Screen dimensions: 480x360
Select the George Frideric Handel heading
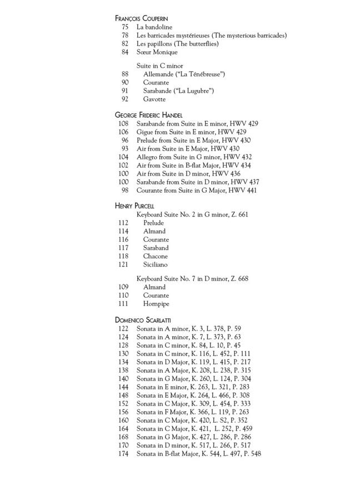(x=149, y=115)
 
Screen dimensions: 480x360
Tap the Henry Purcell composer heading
(x=134, y=206)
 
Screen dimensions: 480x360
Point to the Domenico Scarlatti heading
(x=143, y=320)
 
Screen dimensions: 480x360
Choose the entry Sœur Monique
(x=157, y=52)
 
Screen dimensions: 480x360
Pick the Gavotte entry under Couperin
(x=154, y=99)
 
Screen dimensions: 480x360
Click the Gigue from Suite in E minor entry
(x=191, y=132)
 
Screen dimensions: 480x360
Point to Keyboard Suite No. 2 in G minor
(x=192, y=214)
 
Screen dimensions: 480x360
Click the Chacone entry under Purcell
(x=155, y=257)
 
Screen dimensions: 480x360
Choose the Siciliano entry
(x=155, y=265)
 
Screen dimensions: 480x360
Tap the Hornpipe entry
(x=156, y=304)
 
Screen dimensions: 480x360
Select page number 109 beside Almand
(x=123, y=287)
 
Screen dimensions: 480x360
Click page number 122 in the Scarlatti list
(x=123, y=329)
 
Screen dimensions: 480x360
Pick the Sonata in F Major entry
(x=192, y=412)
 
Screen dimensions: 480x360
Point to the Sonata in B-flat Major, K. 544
(x=198, y=454)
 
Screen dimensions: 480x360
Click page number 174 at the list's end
(x=123, y=454)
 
